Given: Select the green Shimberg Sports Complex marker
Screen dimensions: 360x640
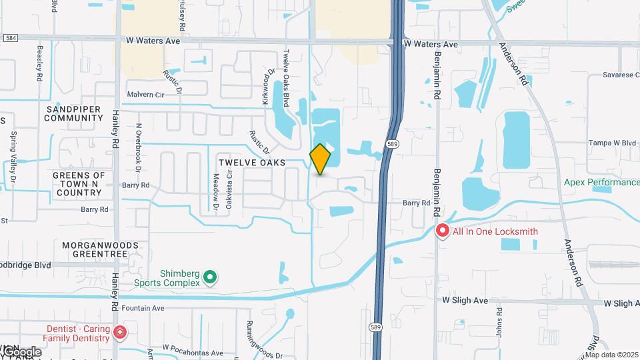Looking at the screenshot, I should pos(211,276).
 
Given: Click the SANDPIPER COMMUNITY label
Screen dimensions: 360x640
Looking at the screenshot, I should pos(74,113).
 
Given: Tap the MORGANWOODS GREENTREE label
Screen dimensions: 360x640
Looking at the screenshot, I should pos(100,249).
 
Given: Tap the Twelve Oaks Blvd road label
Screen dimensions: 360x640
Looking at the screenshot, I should pos(286,79).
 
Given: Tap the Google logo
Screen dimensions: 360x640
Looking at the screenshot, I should pos(21,351).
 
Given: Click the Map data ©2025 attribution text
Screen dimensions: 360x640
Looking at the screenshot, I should pos(611,355).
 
